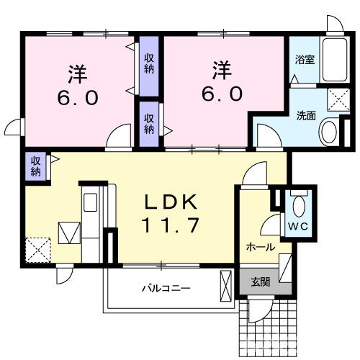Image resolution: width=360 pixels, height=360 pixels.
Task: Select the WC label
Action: [x=298, y=227]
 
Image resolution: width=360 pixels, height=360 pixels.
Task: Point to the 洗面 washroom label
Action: [x=305, y=115]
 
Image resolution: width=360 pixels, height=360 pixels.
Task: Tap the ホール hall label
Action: [x=260, y=247]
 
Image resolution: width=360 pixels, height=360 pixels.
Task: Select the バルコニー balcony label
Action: [x=165, y=289]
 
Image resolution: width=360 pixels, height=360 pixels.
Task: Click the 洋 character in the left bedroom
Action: [x=78, y=73]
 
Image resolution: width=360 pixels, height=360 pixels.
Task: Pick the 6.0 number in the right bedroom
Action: [x=222, y=94]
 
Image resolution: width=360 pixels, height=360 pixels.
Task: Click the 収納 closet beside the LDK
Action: [x=35, y=167]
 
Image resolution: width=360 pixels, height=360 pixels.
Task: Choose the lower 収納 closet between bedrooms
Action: [x=148, y=123]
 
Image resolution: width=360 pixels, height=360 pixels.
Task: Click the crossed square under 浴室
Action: [x=338, y=96]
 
